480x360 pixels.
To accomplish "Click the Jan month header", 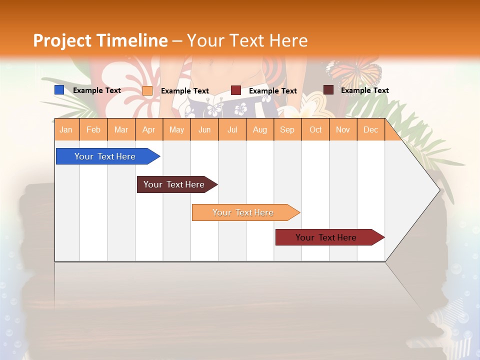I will [x=66, y=130].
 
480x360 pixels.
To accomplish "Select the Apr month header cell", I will [x=149, y=130].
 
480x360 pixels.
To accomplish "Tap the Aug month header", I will [x=260, y=130].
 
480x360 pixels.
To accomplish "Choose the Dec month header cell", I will [x=370, y=130].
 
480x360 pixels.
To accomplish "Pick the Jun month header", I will [x=204, y=130].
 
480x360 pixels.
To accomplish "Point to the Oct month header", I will [x=315, y=130].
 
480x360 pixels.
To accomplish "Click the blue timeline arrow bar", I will [x=105, y=156].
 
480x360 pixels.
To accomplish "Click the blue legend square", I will [x=59, y=90].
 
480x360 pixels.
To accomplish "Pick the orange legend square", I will [x=147, y=90].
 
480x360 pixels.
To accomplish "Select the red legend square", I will [x=236, y=90].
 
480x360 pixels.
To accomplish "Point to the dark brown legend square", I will [x=328, y=90].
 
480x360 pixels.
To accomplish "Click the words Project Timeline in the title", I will [x=100, y=40].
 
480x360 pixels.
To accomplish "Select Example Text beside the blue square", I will [x=97, y=90].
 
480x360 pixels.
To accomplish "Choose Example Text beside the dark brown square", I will [x=364, y=90].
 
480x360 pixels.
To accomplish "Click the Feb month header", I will [x=93, y=130].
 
